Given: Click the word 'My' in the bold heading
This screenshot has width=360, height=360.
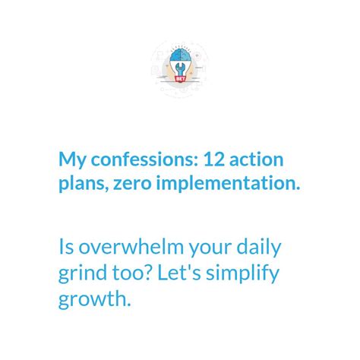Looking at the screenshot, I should pos(72,160).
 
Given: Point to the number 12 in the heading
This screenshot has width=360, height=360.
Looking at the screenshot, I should pos(213,160).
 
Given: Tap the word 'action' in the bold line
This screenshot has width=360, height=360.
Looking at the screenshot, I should pos(257,160).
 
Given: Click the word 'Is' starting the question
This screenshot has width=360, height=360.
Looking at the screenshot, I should pos(65,248).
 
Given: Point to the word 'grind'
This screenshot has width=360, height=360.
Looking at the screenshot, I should pos(82,273).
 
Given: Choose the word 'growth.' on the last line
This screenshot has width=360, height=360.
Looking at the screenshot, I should pos(95,299).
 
